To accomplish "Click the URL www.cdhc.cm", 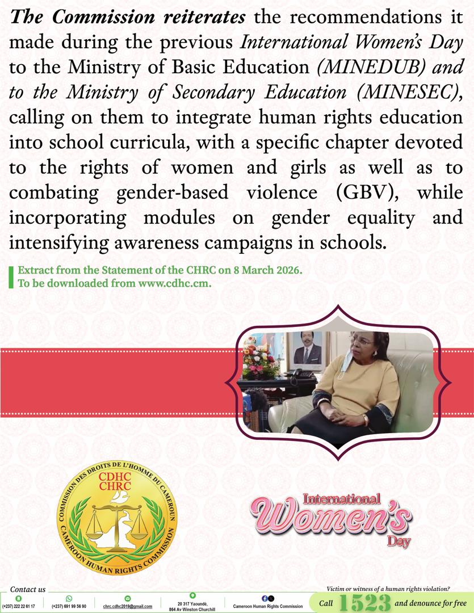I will click(174, 284).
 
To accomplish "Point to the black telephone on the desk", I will click(301, 374).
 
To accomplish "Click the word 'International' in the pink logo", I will click(341, 500).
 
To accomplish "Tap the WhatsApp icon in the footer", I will click(69, 598).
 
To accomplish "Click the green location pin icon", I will click(192, 595).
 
